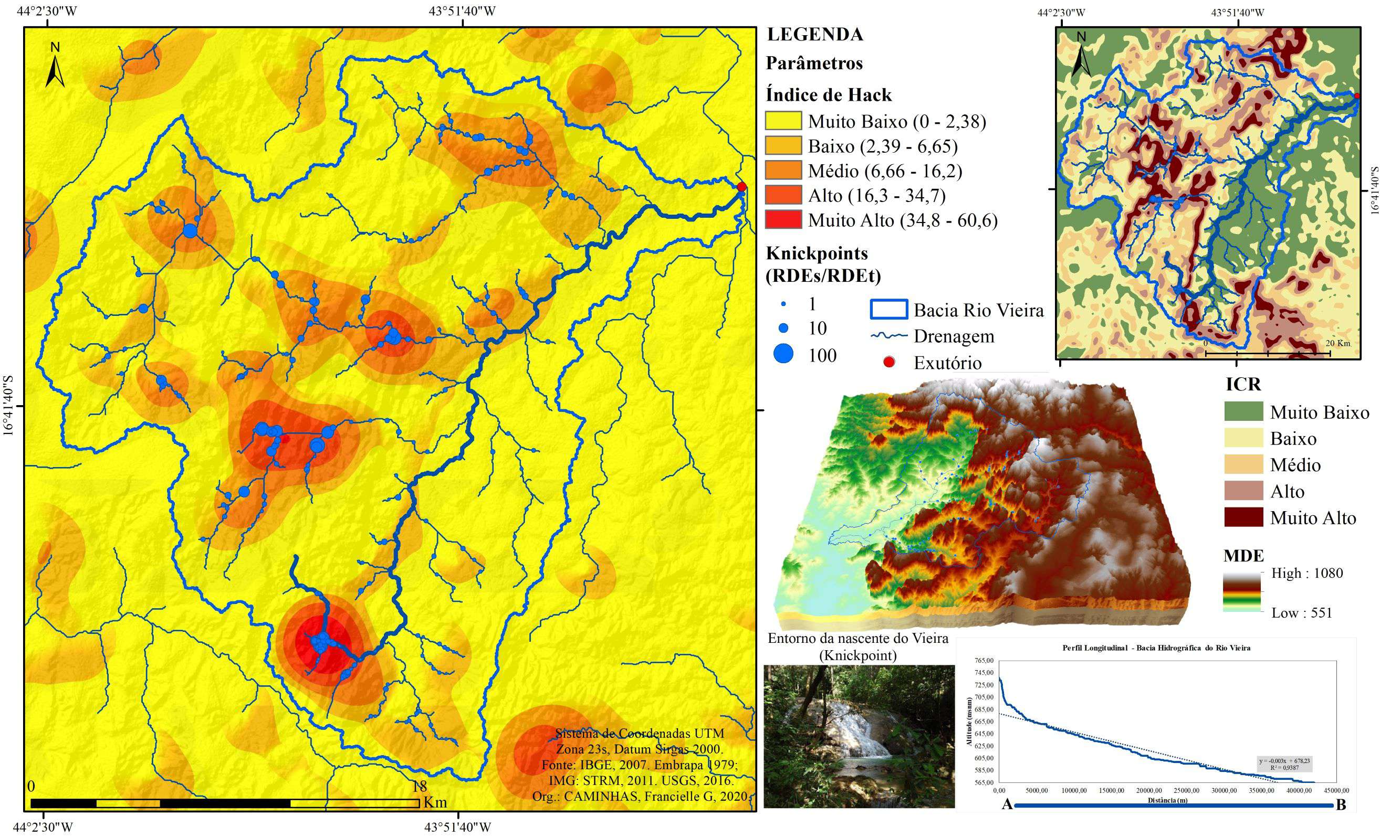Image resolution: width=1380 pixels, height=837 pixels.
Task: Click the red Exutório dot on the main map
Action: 741,186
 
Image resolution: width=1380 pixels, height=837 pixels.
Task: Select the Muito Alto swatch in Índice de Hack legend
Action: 783,219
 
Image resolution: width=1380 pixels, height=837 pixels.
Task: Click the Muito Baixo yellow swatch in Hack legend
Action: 783,121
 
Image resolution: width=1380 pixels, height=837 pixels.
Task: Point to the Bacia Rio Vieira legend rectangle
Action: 889,310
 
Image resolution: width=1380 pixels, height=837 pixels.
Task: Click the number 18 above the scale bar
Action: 420,786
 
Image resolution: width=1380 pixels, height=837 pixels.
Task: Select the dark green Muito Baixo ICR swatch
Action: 1243,411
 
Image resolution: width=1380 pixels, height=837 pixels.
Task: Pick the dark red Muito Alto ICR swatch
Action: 1243,517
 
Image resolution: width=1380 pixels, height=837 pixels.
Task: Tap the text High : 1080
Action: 1306,573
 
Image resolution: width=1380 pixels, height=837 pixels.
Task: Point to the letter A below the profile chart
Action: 1007,805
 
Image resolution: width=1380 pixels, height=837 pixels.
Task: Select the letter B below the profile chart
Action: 1341,805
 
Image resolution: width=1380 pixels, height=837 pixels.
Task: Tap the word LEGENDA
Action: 815,35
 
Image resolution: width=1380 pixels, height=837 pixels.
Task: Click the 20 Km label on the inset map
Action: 1337,343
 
